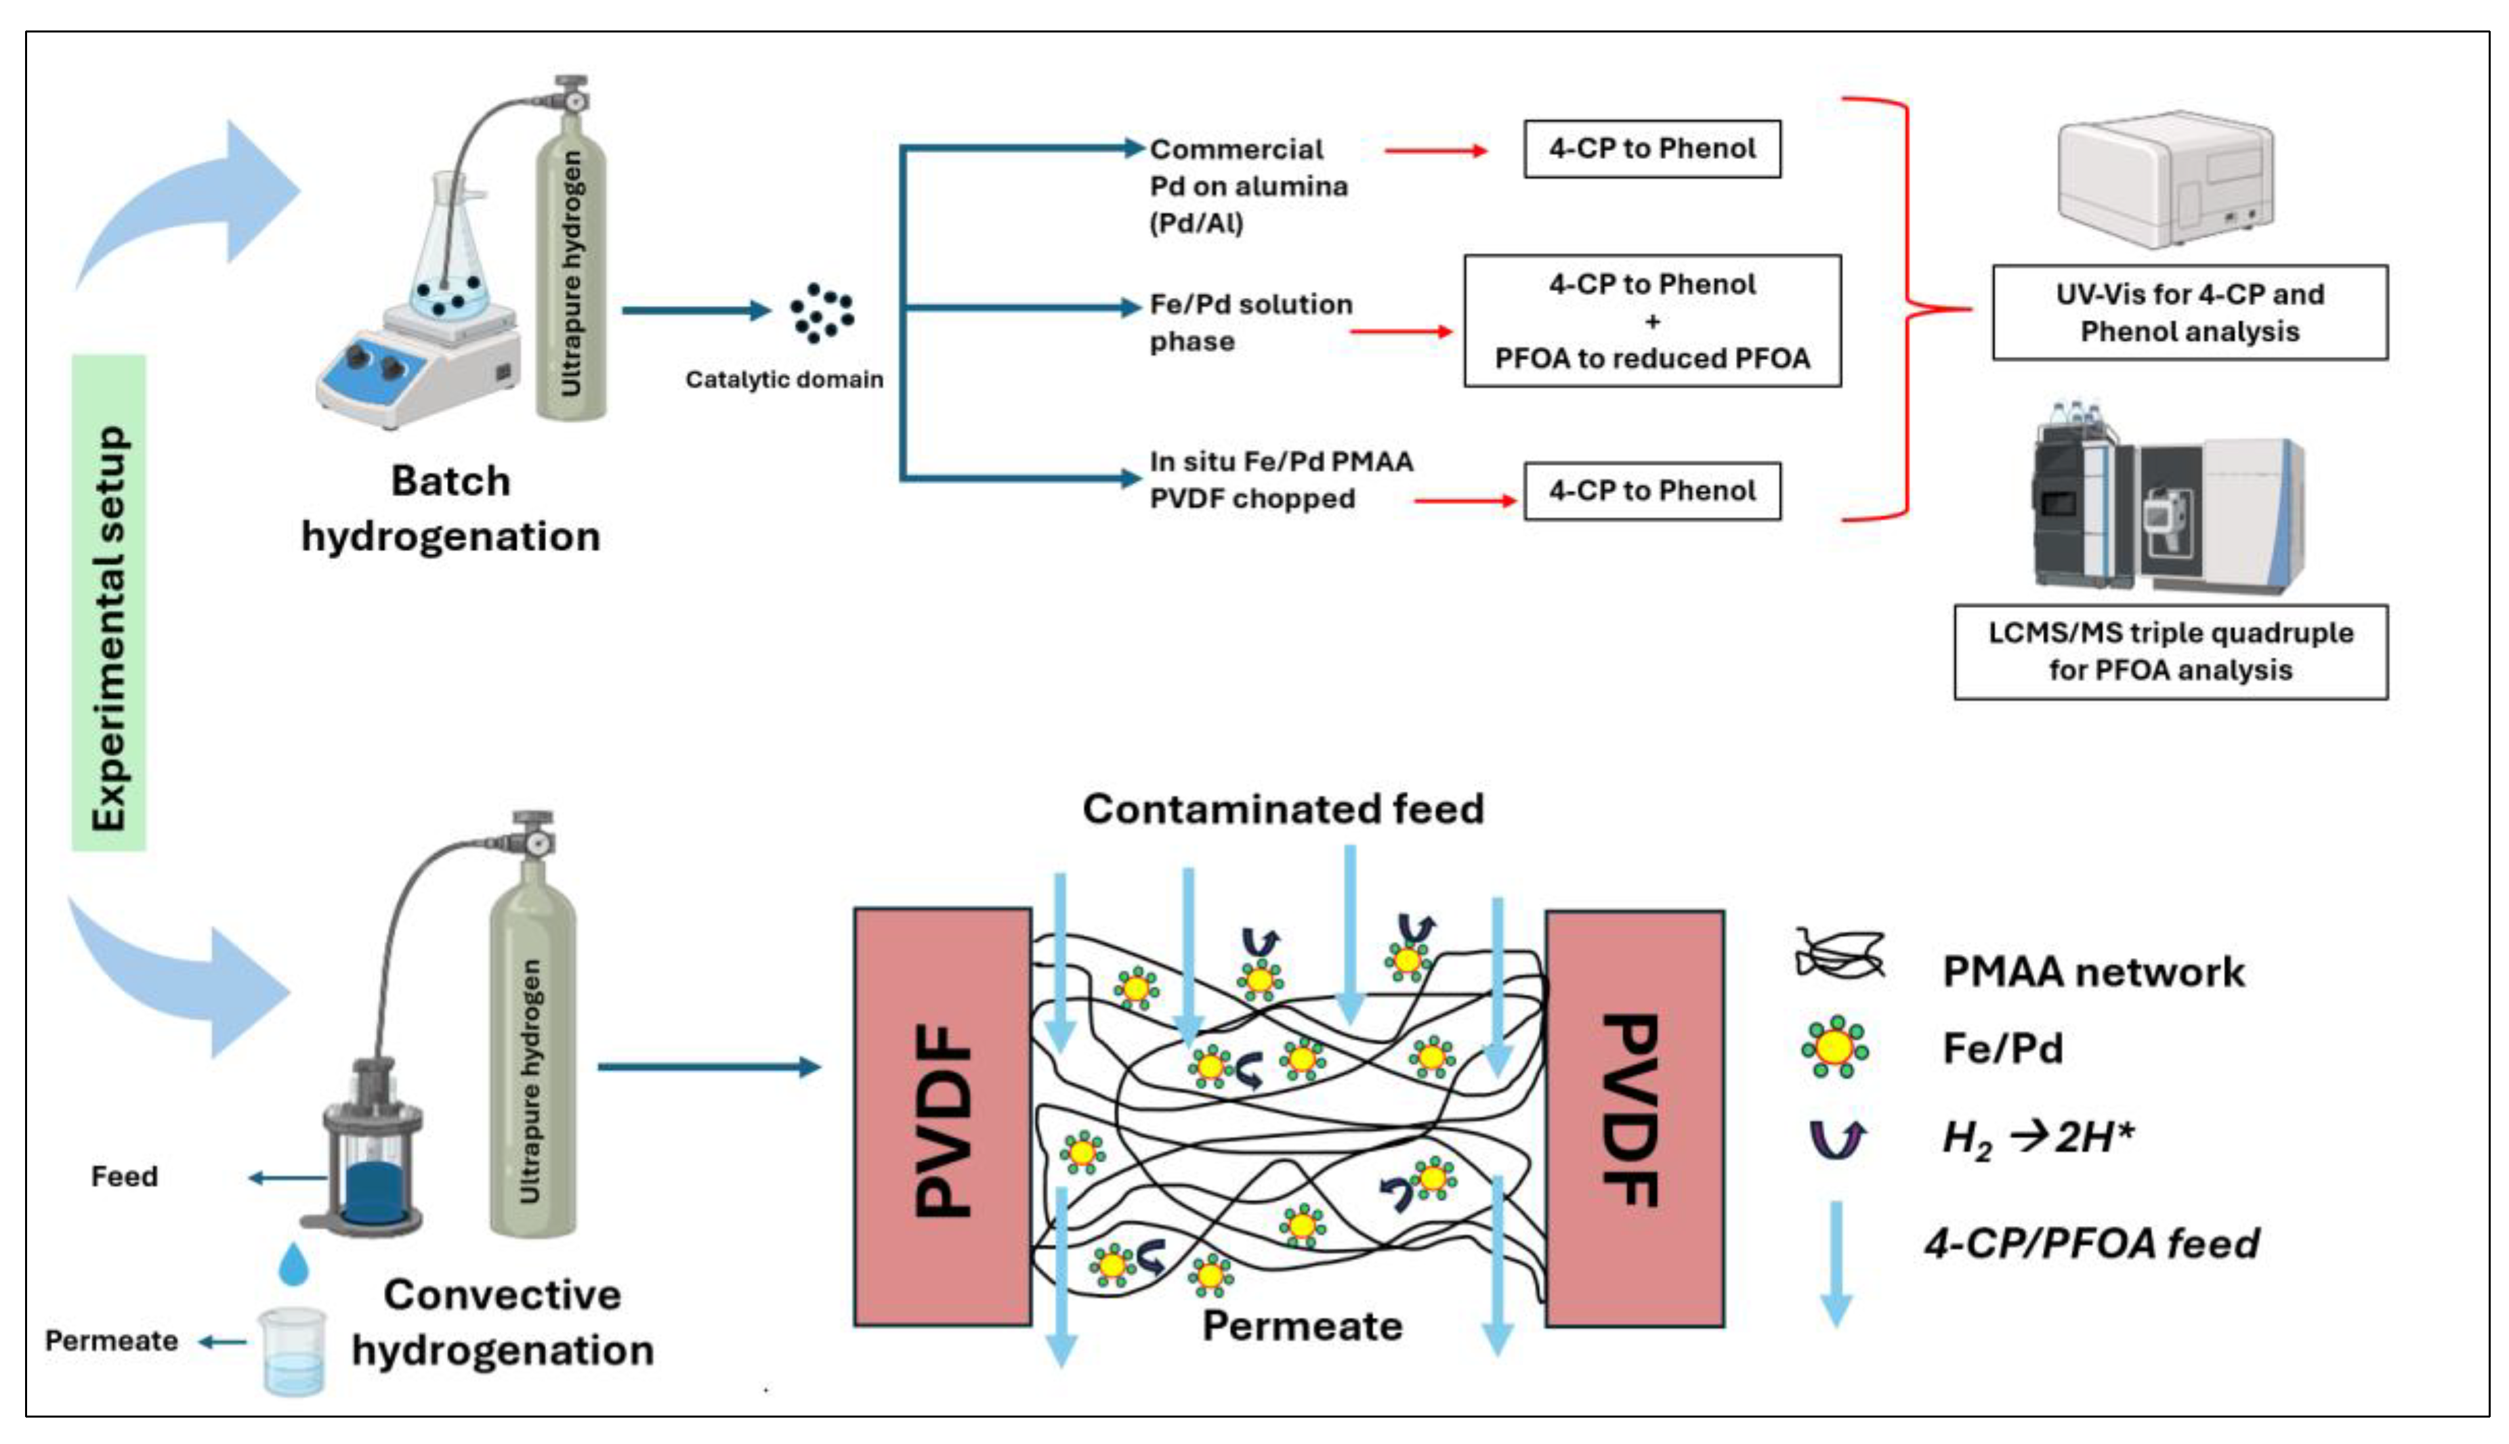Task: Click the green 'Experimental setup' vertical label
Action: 109,602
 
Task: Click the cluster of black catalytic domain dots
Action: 820,313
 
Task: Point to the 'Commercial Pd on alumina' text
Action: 1247,186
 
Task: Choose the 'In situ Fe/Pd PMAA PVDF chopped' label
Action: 1280,480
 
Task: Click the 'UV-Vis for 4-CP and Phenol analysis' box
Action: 2189,312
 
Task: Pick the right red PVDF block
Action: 1634,1118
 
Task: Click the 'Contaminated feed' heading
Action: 1283,809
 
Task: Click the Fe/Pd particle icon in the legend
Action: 1834,1047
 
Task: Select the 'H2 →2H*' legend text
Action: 2038,1137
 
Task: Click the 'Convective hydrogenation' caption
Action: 503,1322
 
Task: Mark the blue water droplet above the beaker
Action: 294,1265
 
